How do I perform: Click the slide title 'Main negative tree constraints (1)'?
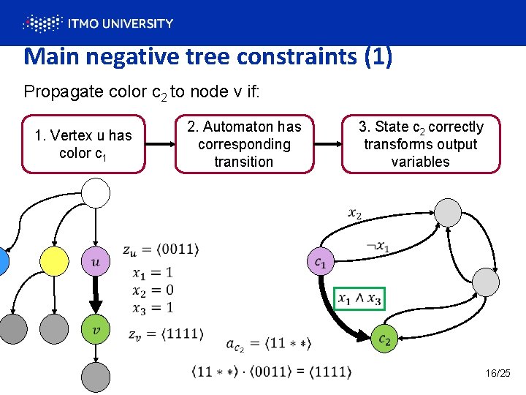pos(207,56)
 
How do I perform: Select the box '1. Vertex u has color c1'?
pos(83,144)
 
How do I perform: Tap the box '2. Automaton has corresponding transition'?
pos(244,144)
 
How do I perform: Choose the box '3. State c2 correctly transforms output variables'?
pos(421,144)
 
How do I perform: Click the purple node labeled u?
pos(96,260)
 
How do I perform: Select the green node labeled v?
pos(96,330)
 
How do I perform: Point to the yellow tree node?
pos(53,260)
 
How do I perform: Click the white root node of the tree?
pos(96,193)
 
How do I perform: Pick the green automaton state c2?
pos(384,339)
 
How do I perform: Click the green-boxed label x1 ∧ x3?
pos(359,298)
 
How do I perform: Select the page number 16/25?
pos(498,374)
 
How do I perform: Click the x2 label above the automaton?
pos(355,214)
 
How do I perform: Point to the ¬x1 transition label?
pos(378,247)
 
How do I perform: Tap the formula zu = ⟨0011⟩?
pos(161,249)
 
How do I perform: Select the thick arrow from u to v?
pos(96,296)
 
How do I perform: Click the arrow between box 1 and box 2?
pos(160,144)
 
